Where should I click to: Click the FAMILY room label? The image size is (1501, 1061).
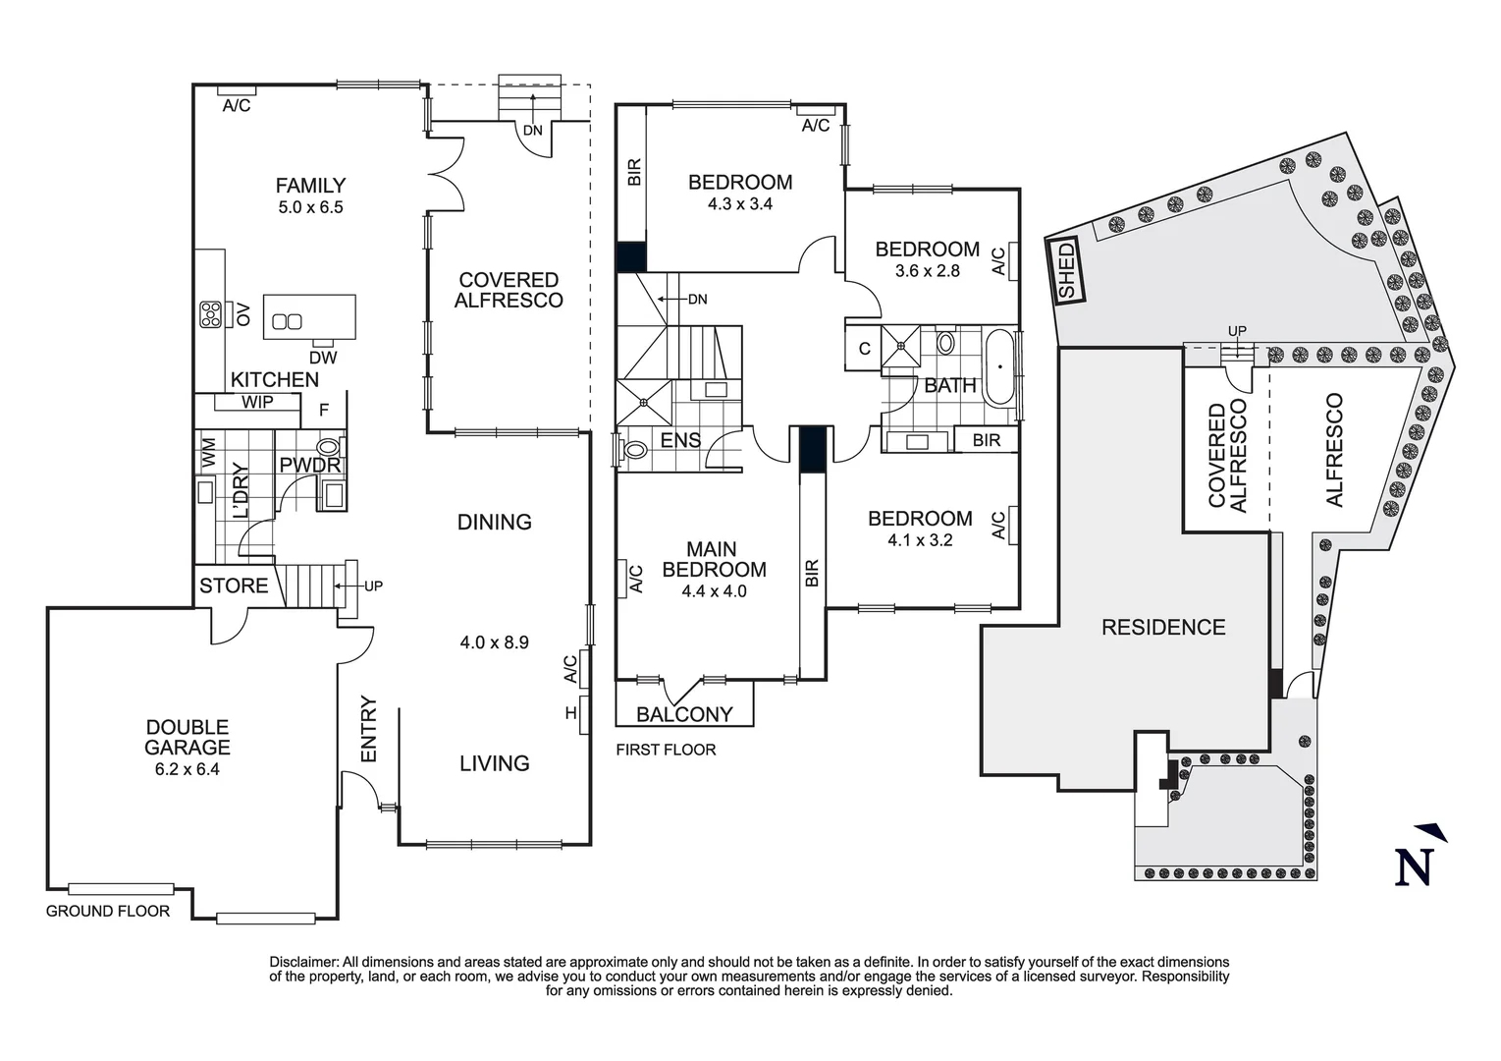pos(310,185)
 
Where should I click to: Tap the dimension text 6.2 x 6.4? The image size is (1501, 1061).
pos(188,769)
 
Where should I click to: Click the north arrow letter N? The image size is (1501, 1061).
pos(1414,867)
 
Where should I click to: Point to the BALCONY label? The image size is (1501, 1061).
pos(684,715)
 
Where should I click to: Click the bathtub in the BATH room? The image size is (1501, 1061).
pos(1000,366)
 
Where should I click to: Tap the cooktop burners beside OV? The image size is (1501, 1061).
pos(210,314)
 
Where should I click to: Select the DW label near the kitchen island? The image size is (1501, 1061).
pos(323,359)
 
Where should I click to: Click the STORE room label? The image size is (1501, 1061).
pos(234,586)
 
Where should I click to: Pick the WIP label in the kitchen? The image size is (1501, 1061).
pos(257,402)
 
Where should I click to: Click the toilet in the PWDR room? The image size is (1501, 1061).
pos(329,447)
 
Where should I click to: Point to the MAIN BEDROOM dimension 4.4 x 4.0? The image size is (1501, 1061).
pos(715,591)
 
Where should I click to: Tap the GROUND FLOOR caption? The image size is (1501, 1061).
pos(108,911)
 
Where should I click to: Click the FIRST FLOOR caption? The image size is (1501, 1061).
pos(666,750)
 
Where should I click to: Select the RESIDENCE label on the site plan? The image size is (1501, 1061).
pos(1164,628)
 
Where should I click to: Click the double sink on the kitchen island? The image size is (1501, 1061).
pos(287,322)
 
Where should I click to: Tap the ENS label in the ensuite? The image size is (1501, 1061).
pos(681,441)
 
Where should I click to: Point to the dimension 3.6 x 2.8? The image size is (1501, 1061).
pos(928,271)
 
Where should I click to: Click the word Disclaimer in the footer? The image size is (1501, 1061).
pos(304,963)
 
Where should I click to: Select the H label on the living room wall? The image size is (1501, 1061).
pos(571,713)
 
